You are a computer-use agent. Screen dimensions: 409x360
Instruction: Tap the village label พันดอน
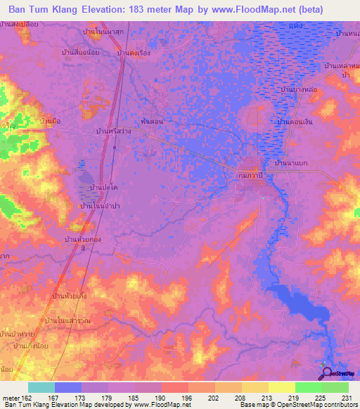(152, 121)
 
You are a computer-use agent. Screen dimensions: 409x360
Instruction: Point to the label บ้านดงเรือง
(136, 53)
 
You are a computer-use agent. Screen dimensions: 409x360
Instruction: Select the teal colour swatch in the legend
(41, 387)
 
